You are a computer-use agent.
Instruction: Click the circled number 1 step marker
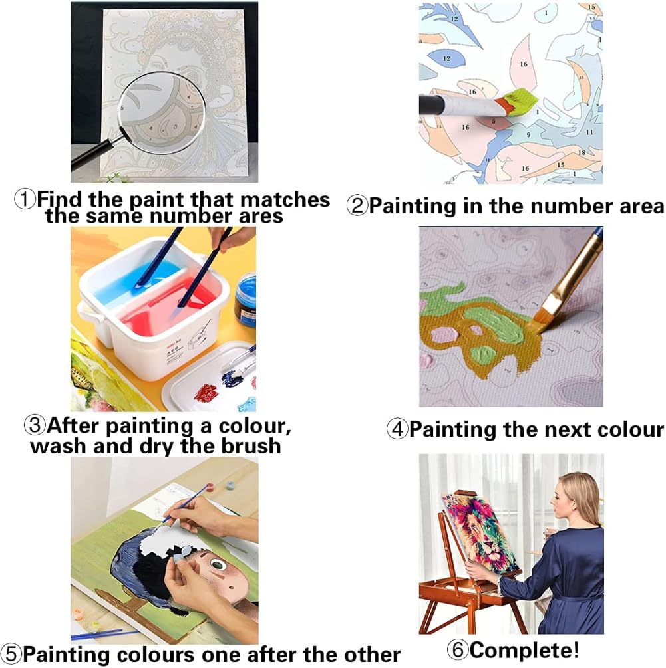[x=25, y=199]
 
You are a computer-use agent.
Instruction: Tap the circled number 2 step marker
[x=357, y=206]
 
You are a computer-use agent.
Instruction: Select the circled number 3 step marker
[x=35, y=425]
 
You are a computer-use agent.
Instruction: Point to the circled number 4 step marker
[x=397, y=429]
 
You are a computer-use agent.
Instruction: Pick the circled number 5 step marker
[x=11, y=654]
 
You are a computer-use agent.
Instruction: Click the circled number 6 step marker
[x=458, y=649]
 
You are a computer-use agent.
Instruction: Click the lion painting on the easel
[x=480, y=530]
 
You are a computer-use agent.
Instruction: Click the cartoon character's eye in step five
[x=218, y=565]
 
